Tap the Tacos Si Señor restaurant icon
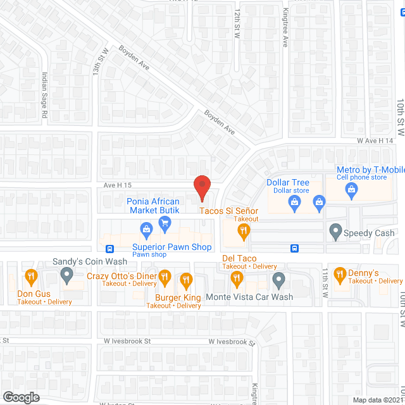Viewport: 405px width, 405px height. click(242, 233)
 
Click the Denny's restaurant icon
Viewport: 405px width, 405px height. click(340, 273)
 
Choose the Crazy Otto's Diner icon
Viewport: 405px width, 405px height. click(165, 276)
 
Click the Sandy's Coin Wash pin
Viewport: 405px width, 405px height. click(66, 275)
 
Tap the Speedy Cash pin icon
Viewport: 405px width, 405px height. click(335, 232)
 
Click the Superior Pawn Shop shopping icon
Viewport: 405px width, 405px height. click(146, 228)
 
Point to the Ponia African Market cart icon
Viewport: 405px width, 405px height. click(165, 222)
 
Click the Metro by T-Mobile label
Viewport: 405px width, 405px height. click(370, 170)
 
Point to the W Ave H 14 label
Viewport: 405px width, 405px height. click(375, 140)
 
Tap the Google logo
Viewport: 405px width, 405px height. click(20, 397)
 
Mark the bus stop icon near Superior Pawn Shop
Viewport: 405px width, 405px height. click(109, 248)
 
